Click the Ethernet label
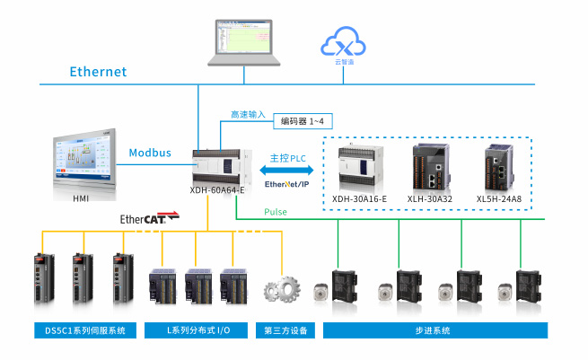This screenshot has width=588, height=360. point(99,72)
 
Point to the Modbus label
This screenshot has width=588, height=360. point(149,153)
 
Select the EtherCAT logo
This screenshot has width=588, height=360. point(147,218)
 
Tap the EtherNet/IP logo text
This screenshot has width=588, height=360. point(285,184)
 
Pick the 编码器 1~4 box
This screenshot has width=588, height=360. point(306,119)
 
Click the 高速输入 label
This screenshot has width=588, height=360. point(248,115)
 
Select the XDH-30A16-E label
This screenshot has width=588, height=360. point(359,198)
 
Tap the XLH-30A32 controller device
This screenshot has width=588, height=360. point(428,164)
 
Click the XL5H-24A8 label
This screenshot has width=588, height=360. point(498,198)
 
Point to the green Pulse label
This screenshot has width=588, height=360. point(276,212)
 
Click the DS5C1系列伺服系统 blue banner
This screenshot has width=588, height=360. point(84,330)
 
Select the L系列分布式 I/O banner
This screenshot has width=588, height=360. point(198,330)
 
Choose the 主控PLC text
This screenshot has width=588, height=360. point(286,158)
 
